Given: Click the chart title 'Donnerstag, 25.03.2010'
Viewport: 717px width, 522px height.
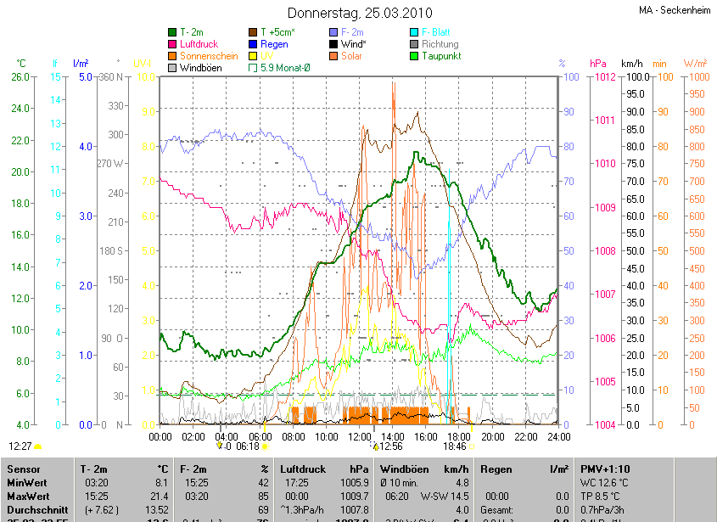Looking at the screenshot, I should (360, 13).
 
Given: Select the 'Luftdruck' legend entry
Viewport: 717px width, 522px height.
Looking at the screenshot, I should (199, 44).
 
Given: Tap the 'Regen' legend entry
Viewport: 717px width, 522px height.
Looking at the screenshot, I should (274, 44).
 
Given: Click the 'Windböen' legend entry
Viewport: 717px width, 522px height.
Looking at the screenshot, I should (200, 68).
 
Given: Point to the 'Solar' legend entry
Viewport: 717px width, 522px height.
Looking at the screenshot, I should (352, 56).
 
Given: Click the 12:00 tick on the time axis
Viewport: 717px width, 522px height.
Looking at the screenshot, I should (361, 436).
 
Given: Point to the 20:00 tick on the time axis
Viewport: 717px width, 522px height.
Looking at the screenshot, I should (493, 436).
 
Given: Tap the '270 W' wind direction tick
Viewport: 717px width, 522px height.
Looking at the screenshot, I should (111, 164).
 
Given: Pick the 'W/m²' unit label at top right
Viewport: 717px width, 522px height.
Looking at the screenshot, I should (696, 64).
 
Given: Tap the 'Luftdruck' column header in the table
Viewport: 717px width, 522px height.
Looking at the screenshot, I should (300, 469).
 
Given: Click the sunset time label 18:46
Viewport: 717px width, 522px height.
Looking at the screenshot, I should (455, 446).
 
